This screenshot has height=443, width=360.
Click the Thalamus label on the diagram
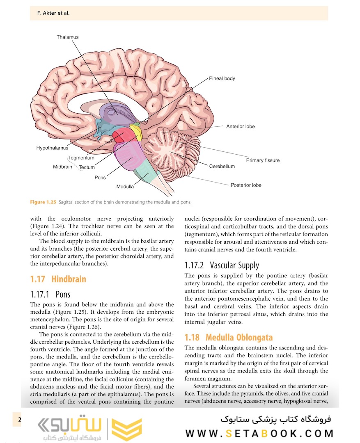click(68, 37)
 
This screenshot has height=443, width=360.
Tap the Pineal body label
click(222, 78)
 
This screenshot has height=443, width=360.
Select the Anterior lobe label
click(240, 126)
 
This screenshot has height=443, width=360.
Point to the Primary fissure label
click(263, 160)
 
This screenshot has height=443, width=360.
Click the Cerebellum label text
click(222, 167)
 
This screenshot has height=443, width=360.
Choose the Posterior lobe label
click(246, 185)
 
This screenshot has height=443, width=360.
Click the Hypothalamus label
click(52, 148)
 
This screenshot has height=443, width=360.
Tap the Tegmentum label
click(81, 158)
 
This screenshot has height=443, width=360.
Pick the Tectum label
click(87, 167)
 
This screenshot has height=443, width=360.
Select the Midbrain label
click(62, 167)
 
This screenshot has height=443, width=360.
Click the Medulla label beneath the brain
click(125, 187)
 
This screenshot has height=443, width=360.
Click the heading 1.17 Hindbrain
click(58, 279)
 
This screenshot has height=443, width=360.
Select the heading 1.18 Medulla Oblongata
click(228, 338)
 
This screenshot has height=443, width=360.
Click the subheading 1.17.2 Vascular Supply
click(222, 265)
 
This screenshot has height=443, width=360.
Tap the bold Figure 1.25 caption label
click(43, 202)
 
